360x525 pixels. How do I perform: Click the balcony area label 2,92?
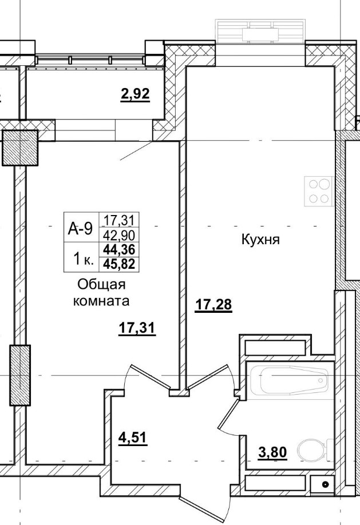(x=135, y=94)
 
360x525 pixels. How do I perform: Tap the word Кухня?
(x=259, y=240)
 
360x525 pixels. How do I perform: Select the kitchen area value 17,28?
(x=213, y=305)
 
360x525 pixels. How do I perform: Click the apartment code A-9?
(x=80, y=228)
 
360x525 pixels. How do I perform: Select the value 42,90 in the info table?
(x=121, y=234)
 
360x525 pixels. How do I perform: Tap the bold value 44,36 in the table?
(x=121, y=249)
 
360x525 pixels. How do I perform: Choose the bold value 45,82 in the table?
(x=121, y=263)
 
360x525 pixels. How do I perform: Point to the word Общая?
(x=101, y=284)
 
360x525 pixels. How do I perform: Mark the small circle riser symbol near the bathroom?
(x=325, y=484)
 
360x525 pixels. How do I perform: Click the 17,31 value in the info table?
(x=121, y=220)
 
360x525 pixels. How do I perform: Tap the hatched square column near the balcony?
(x=20, y=147)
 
